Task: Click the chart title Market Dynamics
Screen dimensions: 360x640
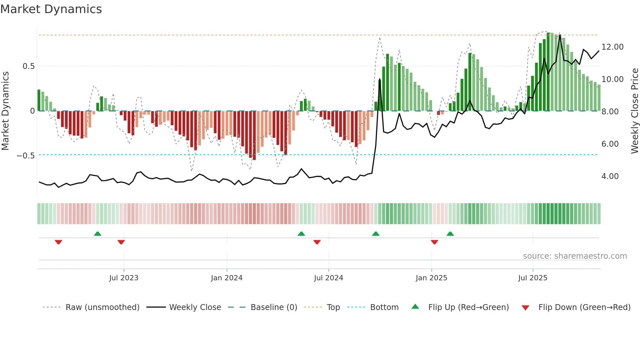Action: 51,9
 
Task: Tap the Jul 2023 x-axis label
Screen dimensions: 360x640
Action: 124,278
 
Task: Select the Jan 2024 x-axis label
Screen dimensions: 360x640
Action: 227,278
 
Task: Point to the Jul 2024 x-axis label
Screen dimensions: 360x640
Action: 328,278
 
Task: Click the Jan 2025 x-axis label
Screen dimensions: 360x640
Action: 431,278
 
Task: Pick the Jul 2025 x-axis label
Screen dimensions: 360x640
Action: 533,278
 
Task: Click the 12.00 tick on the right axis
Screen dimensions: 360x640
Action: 612,47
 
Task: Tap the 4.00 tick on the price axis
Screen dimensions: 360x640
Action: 610,176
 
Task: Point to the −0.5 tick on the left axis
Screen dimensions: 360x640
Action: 25,156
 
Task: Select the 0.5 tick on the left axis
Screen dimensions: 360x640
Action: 28,66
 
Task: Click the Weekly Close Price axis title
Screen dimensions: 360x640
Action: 634,111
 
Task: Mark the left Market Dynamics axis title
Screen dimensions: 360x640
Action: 5,111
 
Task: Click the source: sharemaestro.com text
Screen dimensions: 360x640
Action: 575,256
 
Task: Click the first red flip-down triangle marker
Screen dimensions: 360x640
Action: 58,242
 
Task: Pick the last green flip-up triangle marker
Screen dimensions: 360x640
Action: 450,234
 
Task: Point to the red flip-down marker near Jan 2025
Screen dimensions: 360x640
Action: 434,242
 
